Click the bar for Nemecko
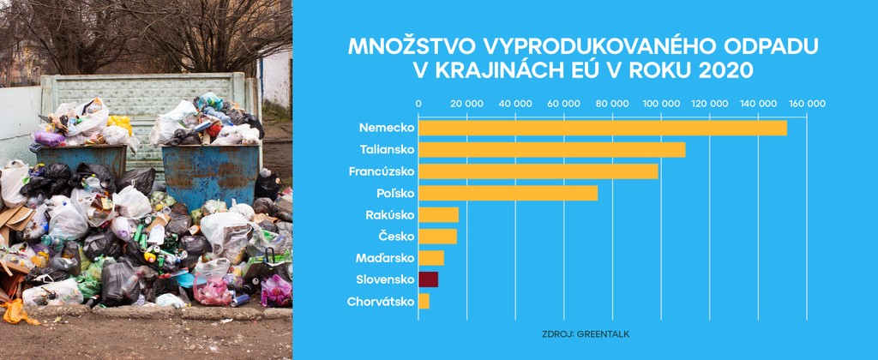pyautogui.click(x=602, y=128)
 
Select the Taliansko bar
pyautogui.click(x=551, y=149)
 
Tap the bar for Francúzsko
pyautogui.click(x=538, y=171)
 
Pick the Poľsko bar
pyautogui.click(x=508, y=193)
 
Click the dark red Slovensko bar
pyautogui.click(x=428, y=279)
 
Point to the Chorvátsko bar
pyautogui.click(x=424, y=301)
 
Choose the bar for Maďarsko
pyautogui.click(x=431, y=258)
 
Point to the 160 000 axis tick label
pyautogui.click(x=806, y=104)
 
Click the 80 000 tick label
pyautogui.click(x=612, y=104)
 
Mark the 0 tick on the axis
pyautogui.click(x=418, y=104)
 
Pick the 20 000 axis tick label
pyautogui.click(x=466, y=104)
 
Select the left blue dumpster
pyautogui.click(x=81, y=163)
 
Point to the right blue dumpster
pyautogui.click(x=211, y=171)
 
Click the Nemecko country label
pyautogui.click(x=387, y=128)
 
